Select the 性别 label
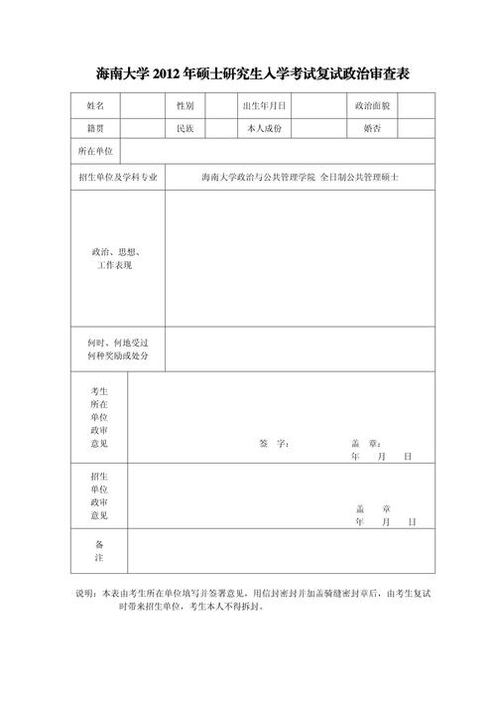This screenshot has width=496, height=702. [185, 105]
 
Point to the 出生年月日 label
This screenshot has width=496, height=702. [264, 105]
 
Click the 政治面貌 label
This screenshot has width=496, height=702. [372, 105]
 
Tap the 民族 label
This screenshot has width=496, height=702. [185, 128]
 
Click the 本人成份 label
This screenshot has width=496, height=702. [264, 128]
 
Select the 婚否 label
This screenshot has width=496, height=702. [372, 128]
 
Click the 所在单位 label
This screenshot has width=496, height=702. [95, 152]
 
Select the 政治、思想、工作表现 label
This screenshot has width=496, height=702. [115, 259]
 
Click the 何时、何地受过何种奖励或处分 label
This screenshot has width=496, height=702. [117, 348]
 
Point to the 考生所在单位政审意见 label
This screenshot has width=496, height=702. [99, 418]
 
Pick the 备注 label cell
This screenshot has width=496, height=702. [99, 552]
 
